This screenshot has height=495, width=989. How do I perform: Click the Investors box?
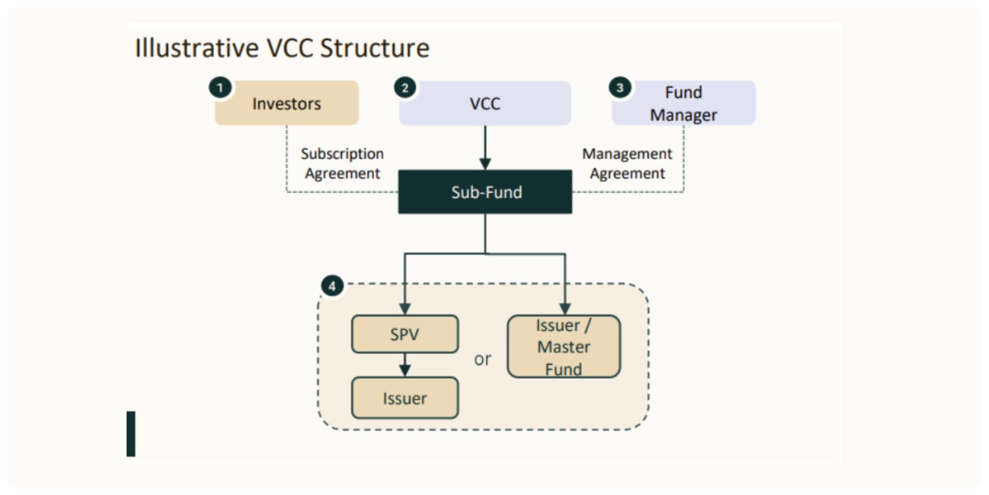click(x=287, y=103)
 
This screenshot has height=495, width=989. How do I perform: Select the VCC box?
click(x=485, y=103)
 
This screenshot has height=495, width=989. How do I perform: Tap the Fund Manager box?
click(x=684, y=103)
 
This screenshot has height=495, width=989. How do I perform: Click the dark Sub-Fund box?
click(x=485, y=192)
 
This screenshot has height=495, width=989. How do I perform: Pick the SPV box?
click(x=405, y=334)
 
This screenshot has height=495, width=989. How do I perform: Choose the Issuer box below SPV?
click(x=405, y=398)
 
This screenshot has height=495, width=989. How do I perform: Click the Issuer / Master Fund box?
click(x=564, y=346)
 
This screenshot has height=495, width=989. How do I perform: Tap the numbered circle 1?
click(x=220, y=88)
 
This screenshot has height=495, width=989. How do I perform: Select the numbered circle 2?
click(x=405, y=88)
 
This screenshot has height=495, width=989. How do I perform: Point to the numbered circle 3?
click(x=620, y=88)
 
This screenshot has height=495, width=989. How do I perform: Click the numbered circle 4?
click(x=332, y=286)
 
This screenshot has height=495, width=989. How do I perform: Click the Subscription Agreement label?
click(x=342, y=163)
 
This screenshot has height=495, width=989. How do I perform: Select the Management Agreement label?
click(x=627, y=163)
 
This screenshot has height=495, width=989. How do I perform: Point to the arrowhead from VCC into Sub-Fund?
click(x=485, y=164)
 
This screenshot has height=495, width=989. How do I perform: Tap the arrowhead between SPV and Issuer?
click(x=405, y=371)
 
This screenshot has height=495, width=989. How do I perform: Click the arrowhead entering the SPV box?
click(x=405, y=309)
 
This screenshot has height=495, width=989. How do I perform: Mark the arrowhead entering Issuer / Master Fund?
click(x=565, y=309)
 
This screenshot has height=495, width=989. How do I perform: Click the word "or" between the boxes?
click(x=483, y=359)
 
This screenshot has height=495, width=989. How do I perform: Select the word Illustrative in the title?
click(x=197, y=48)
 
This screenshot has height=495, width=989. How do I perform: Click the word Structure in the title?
click(x=375, y=48)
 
